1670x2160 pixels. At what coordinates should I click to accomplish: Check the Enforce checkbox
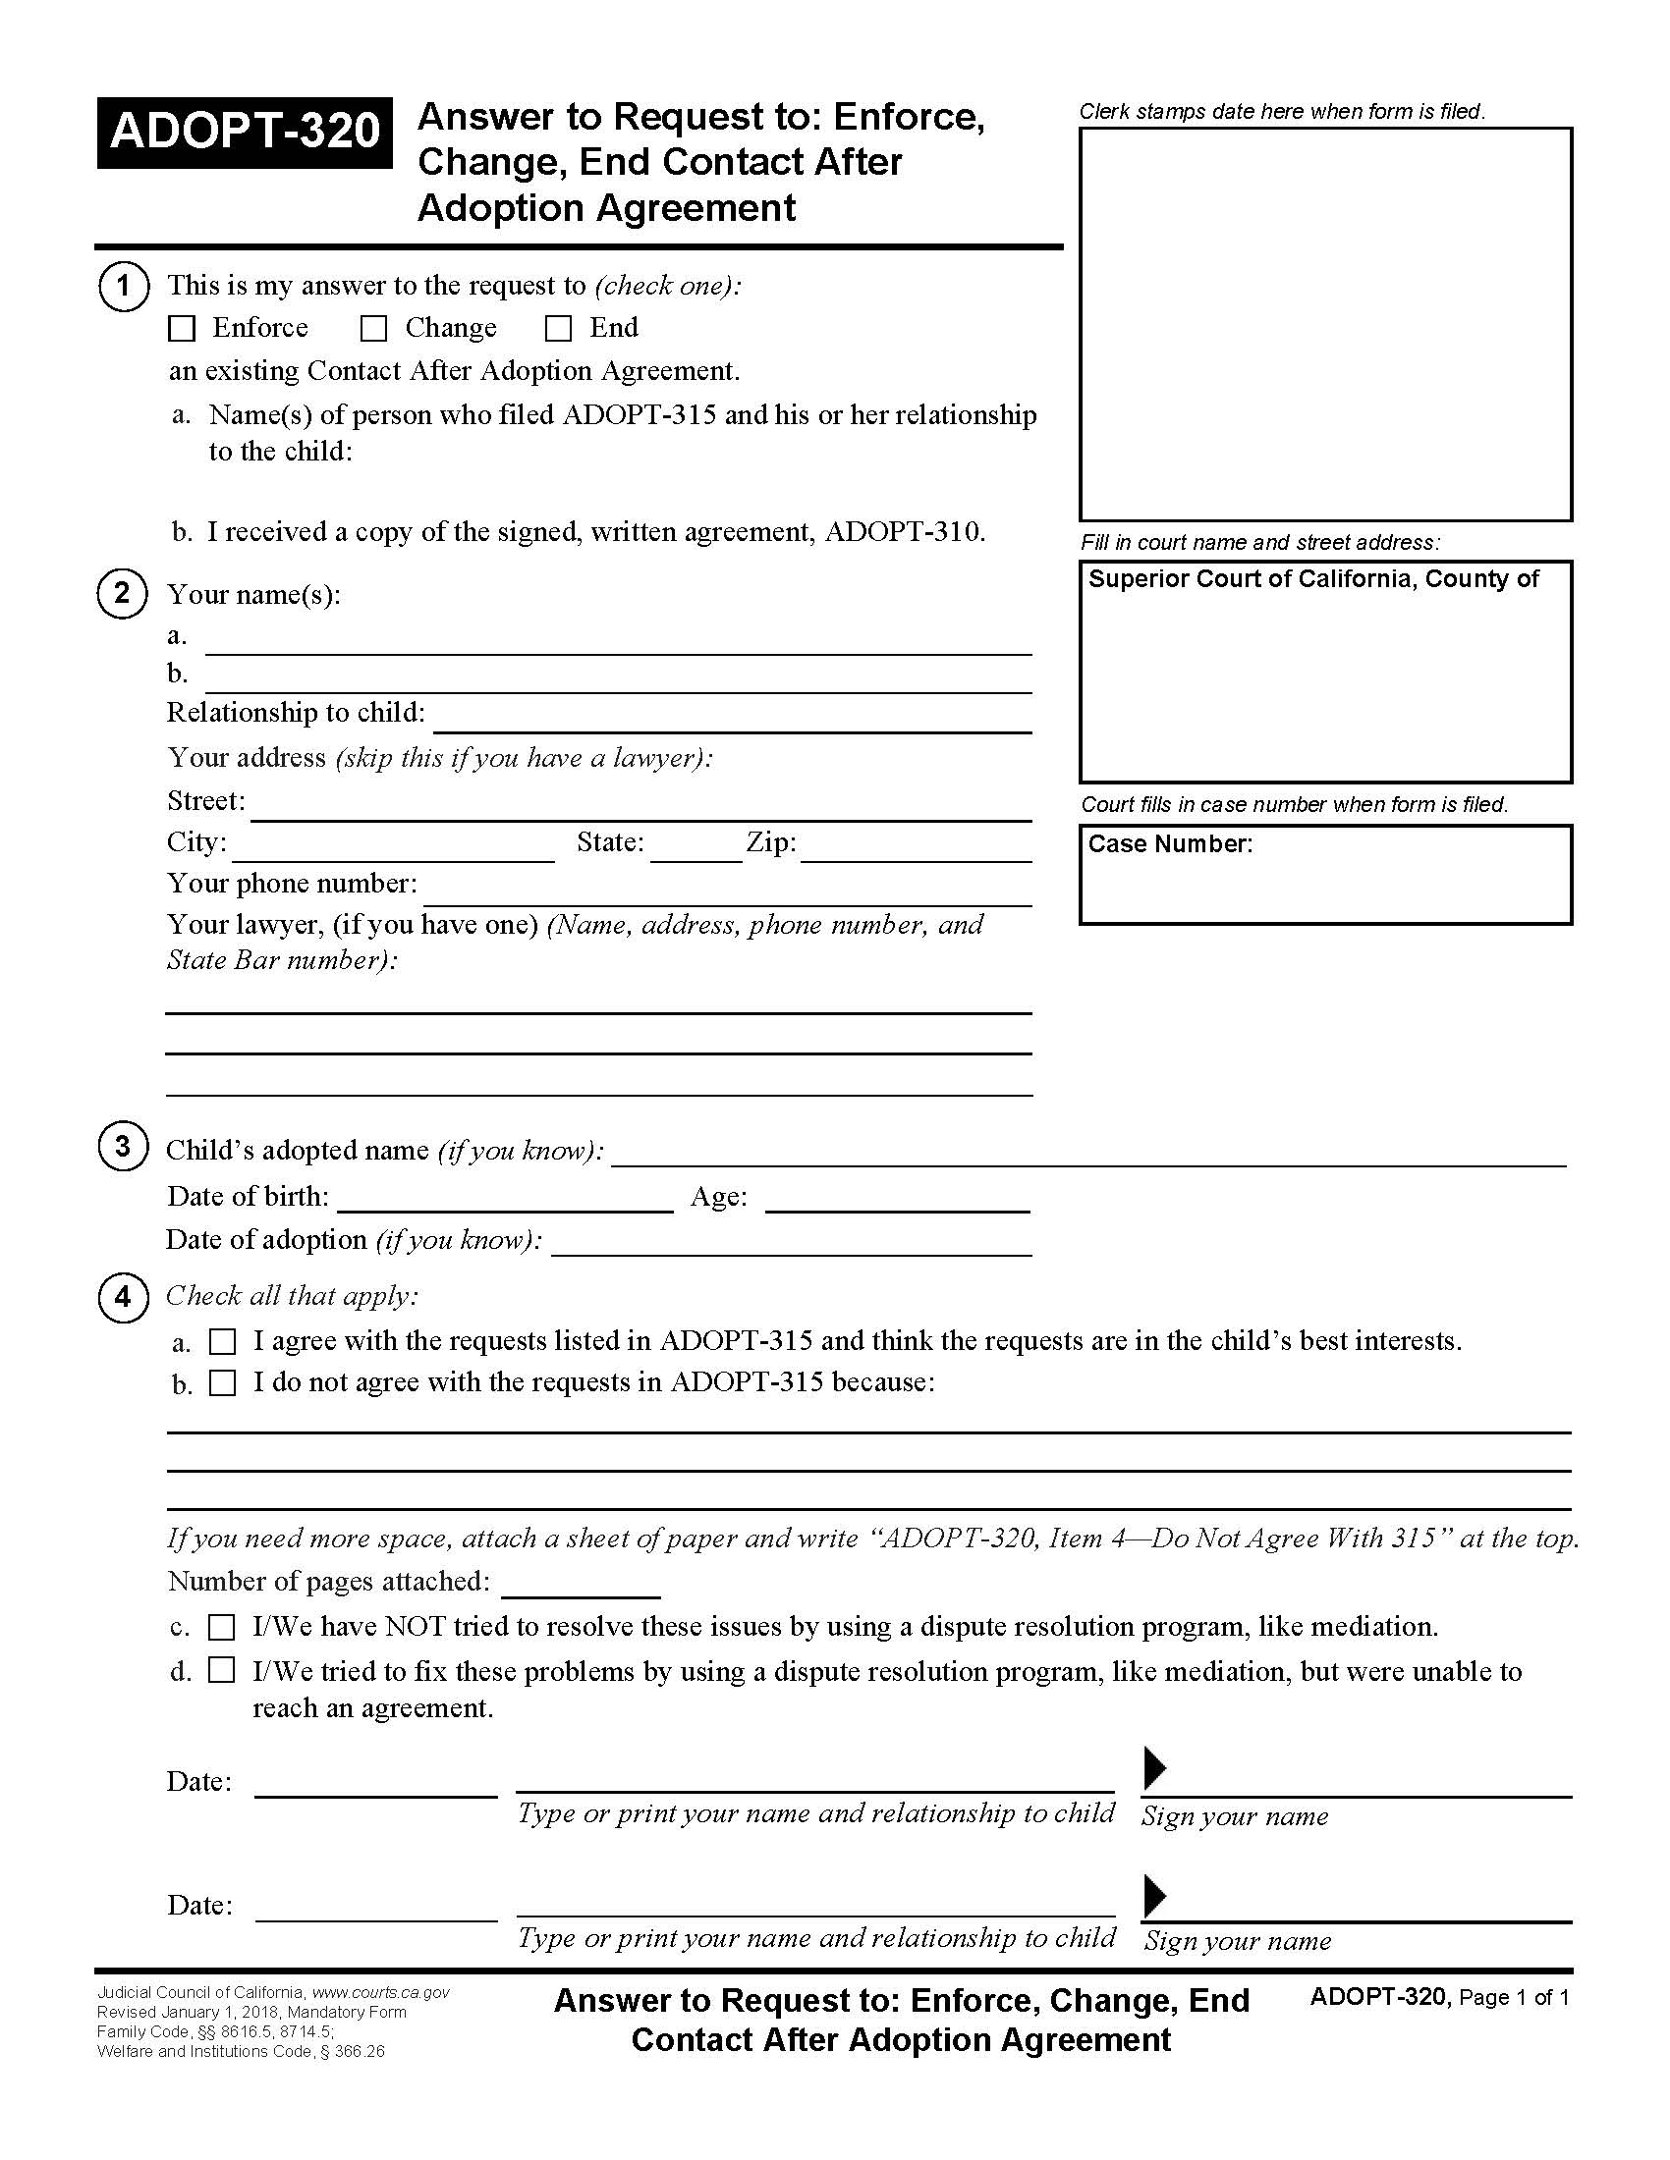[x=182, y=328]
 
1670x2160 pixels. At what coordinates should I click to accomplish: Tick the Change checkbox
[x=373, y=328]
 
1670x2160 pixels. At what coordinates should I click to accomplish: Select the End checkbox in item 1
[x=559, y=328]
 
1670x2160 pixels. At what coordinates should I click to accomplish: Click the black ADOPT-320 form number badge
[x=245, y=133]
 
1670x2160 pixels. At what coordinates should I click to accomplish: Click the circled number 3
[x=122, y=1146]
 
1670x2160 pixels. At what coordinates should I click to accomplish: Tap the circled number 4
[x=122, y=1296]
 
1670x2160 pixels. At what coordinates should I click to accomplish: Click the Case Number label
[x=1169, y=843]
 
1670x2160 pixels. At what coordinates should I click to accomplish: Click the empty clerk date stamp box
[x=1325, y=323]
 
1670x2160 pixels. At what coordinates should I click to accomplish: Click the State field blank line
[x=696, y=850]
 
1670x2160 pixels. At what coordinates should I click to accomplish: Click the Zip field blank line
[x=916, y=850]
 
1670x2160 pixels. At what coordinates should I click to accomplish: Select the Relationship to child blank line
[x=732, y=720]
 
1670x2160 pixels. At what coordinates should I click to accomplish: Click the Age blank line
[x=897, y=1201]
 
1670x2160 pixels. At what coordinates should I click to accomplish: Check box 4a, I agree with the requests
[x=223, y=1342]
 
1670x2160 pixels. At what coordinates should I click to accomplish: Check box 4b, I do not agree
[x=223, y=1382]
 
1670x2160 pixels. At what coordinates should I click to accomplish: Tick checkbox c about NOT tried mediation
[x=222, y=1627]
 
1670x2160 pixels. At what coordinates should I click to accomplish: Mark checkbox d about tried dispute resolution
[x=222, y=1670]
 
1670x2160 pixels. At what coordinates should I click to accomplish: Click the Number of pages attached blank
[x=581, y=1585]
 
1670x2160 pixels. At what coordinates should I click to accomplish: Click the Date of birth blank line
[x=505, y=1201]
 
